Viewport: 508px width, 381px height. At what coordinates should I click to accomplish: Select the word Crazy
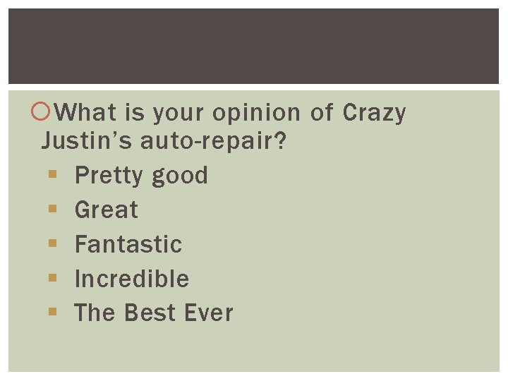pos(373,113)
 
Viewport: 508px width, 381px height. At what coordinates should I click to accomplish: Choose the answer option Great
pos(107,210)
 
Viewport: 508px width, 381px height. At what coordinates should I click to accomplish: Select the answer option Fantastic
pos(128,244)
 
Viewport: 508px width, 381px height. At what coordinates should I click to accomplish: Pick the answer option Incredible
pos(132,279)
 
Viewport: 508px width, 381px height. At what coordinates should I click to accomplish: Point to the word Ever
pos(210,313)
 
